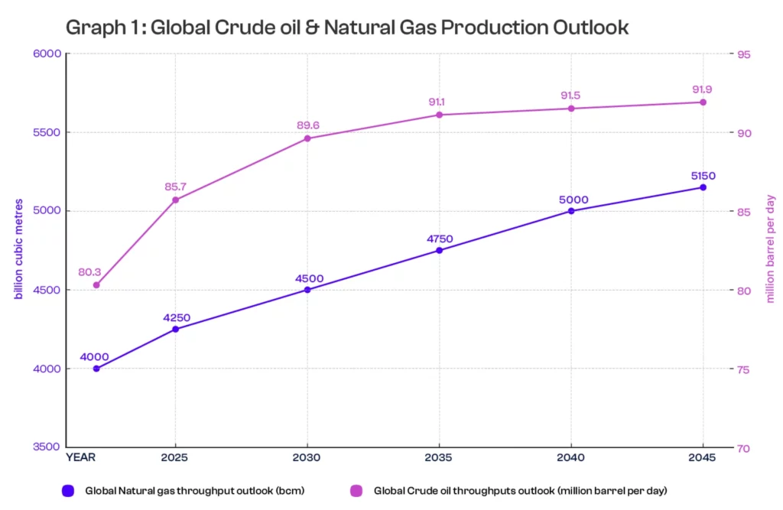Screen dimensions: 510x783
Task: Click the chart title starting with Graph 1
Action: tap(347, 28)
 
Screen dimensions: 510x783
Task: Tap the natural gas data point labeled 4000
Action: tap(96, 369)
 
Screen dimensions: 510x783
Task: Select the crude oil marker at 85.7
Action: tap(175, 200)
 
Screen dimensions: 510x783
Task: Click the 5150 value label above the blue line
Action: tap(703, 175)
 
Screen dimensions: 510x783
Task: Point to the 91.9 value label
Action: tap(703, 89)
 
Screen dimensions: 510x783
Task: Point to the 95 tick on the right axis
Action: tap(743, 54)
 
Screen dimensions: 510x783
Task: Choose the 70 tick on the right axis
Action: tap(743, 447)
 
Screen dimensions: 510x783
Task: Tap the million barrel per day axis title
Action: tap(771, 250)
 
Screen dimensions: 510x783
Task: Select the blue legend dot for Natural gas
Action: tap(68, 490)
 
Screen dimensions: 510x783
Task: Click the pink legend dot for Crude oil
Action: tap(356, 490)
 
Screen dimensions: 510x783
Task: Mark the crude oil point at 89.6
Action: tap(307, 138)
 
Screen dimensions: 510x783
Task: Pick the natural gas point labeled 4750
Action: tap(439, 250)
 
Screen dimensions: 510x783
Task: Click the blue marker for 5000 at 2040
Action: tap(570, 211)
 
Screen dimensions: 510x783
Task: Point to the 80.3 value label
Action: tap(89, 271)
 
